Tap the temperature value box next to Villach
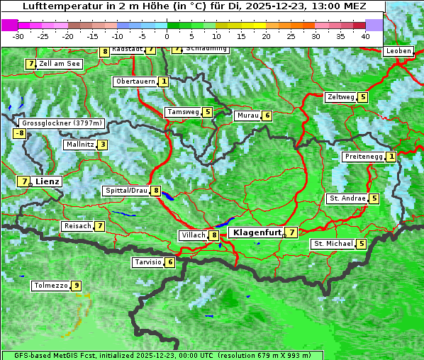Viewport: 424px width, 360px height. [214, 235]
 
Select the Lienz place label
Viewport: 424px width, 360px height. [48, 181]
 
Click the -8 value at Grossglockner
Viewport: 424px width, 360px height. [20, 133]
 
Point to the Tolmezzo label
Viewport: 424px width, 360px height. [51, 286]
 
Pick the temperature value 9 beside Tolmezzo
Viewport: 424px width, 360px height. [77, 286]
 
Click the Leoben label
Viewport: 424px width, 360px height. [399, 51]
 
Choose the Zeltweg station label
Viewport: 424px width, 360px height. [340, 97]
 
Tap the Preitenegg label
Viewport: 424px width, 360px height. [364, 157]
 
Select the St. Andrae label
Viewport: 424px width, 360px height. [347, 198]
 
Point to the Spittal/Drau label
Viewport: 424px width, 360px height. [126, 191]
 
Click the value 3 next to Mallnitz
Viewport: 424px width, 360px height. [103, 145]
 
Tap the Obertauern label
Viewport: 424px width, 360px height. [135, 81]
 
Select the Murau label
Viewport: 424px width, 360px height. [247, 116]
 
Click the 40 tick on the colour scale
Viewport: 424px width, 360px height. [365, 35]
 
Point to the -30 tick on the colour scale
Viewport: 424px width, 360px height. [18, 35]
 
